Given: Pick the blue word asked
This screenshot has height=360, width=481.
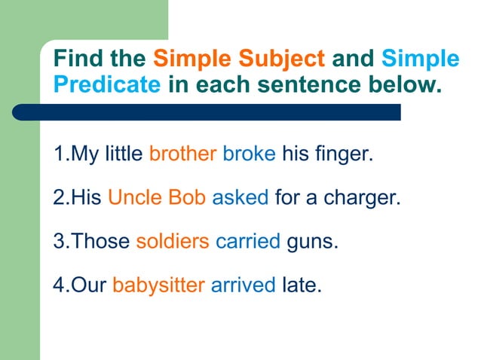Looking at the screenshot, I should pos(240,198).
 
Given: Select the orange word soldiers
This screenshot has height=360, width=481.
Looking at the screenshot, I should pos(173,242).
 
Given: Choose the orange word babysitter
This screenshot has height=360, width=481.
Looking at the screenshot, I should pos(158,285).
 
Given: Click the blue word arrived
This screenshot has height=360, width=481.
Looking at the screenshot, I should pos(243,285).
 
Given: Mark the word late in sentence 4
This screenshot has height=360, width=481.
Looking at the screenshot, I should pos(301,285).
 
